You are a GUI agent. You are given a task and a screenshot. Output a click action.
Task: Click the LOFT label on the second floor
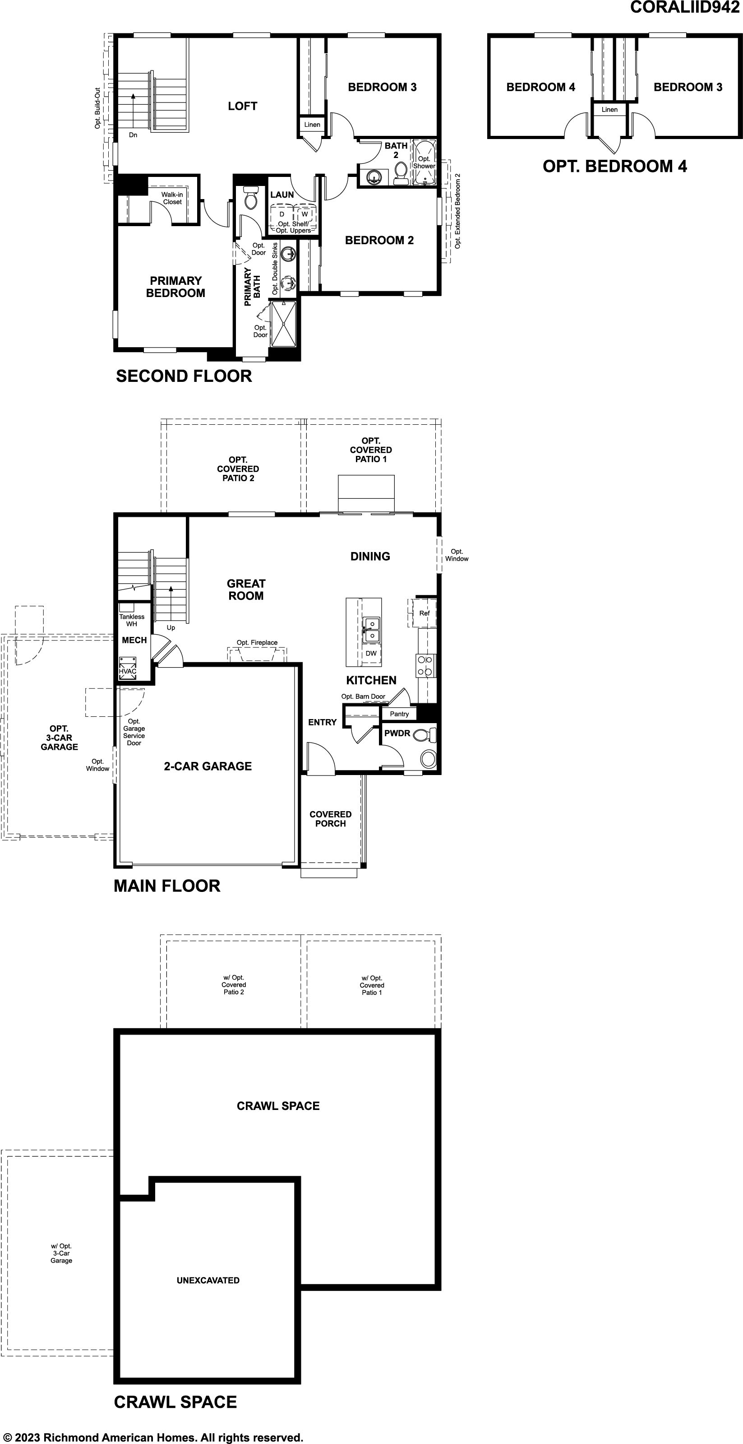point(242,106)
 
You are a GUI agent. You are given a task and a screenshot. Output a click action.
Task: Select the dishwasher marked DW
point(371,654)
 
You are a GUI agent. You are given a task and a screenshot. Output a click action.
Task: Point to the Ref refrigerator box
point(424,613)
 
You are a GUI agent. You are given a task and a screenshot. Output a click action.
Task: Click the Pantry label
point(399,714)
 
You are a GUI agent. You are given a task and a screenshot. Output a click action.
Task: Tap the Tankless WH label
point(132,620)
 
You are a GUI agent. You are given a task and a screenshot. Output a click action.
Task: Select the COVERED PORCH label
point(331,819)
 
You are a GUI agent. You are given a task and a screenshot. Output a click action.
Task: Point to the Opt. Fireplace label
point(257,642)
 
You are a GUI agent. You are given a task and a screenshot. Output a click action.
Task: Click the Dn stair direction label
point(133,135)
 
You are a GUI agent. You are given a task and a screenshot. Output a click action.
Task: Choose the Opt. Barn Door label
point(363,696)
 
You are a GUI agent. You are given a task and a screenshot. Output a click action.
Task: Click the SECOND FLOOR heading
point(184,376)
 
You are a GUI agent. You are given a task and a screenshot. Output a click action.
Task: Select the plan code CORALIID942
point(685,7)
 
